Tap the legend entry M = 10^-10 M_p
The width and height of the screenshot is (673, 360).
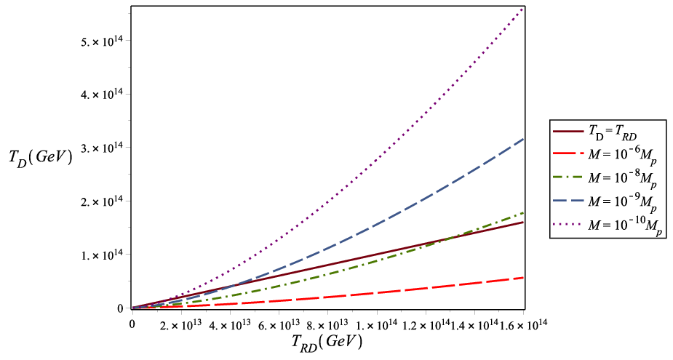tap(608, 225)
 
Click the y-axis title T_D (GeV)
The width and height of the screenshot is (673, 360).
tap(40, 159)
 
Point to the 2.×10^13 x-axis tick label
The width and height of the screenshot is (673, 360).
tap(181, 321)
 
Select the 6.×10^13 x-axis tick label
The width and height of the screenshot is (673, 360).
tap(279, 321)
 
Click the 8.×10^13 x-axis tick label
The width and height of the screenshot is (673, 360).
tap(328, 321)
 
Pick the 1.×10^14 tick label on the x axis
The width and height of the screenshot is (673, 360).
tap(377, 321)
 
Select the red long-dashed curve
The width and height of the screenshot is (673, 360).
tap(328, 298)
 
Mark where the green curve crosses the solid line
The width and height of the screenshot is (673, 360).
tap(452, 237)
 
